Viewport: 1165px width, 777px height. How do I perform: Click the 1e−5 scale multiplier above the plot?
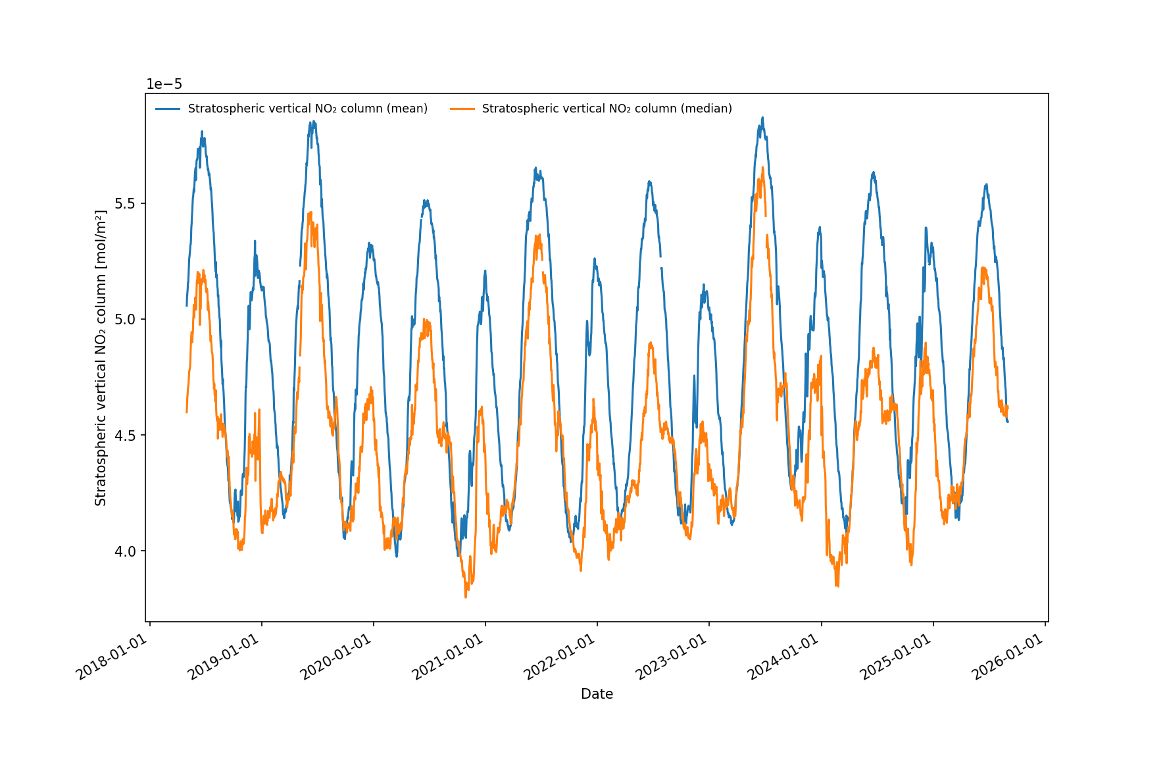coord(164,84)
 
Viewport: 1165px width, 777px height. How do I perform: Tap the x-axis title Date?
coord(597,694)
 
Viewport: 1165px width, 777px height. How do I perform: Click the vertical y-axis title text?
coord(101,358)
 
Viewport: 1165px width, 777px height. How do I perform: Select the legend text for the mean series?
coord(308,109)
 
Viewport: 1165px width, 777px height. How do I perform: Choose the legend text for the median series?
coord(607,109)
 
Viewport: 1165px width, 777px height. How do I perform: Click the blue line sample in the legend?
coord(168,109)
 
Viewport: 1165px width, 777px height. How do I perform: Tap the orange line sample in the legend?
coord(462,109)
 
